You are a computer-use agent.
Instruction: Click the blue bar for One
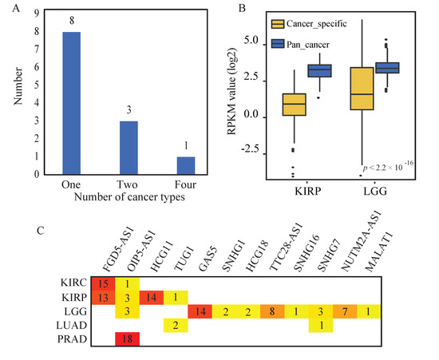(x=71, y=103)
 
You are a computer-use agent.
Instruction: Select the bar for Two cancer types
(x=129, y=148)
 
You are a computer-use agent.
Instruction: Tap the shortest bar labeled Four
(x=186, y=166)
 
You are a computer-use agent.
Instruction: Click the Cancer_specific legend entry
(x=309, y=24)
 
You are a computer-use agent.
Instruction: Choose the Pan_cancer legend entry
(x=300, y=45)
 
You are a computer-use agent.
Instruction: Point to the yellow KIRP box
(x=294, y=105)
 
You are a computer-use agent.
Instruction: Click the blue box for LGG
(x=387, y=68)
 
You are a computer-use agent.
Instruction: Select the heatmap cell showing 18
(x=128, y=339)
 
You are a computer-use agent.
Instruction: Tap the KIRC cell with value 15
(x=103, y=283)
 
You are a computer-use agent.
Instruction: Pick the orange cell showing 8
(x=272, y=311)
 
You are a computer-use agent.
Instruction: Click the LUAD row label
(x=71, y=326)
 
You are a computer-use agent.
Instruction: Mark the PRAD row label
(x=72, y=339)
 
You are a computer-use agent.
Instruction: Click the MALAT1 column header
(x=379, y=252)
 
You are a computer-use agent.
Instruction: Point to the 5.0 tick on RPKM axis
(x=251, y=41)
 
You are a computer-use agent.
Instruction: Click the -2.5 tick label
(x=250, y=149)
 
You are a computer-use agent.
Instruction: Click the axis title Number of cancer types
(x=129, y=197)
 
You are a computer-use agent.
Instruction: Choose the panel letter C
(x=41, y=231)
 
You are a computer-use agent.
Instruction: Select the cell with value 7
(x=345, y=311)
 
